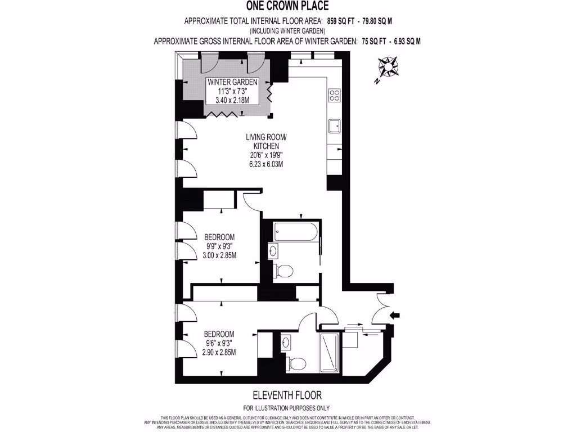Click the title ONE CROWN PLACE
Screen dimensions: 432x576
coord(287,6)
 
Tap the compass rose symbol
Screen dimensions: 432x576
coord(388,67)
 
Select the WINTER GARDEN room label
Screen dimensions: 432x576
coord(232,82)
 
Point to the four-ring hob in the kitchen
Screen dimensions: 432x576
coord(334,94)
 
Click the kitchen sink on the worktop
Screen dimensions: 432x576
coord(334,127)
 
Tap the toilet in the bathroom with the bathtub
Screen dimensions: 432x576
coord(284,272)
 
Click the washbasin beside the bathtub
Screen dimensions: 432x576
coord(273,250)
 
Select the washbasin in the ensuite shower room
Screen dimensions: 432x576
coord(285,341)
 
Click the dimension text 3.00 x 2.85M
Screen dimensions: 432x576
coord(219,255)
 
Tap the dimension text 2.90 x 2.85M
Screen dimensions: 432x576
coord(219,352)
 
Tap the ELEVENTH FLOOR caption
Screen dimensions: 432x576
coord(287,395)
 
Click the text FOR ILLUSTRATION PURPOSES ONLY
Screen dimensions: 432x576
coord(286,408)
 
